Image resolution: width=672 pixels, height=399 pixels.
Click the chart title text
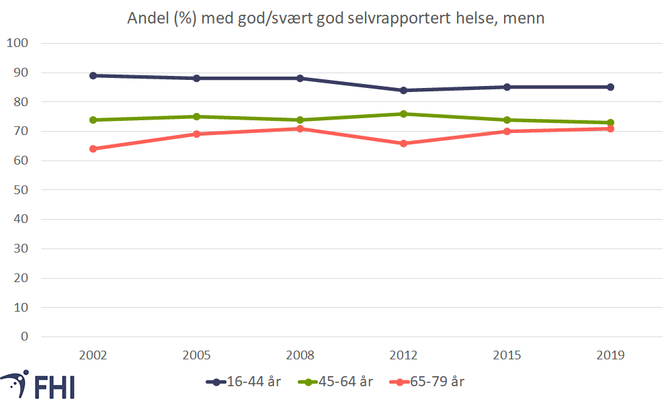click(x=336, y=19)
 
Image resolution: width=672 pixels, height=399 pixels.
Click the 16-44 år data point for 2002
click(x=93, y=75)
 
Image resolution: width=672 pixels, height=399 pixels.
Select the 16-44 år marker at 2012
click(x=403, y=90)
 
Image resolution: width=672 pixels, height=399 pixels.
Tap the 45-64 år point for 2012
click(x=403, y=114)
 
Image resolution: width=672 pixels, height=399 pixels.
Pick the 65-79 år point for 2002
click(x=93, y=148)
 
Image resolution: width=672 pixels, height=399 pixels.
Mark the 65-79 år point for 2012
click(x=403, y=143)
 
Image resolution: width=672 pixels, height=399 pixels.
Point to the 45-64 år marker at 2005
click(x=196, y=116)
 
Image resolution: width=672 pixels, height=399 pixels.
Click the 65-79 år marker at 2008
click(x=300, y=128)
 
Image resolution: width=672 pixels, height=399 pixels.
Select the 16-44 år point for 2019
click(x=610, y=87)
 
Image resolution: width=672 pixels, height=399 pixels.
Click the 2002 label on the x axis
click(x=93, y=355)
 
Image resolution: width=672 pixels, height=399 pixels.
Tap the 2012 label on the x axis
click(x=403, y=355)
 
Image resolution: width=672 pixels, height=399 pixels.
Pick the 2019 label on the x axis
click(x=610, y=355)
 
